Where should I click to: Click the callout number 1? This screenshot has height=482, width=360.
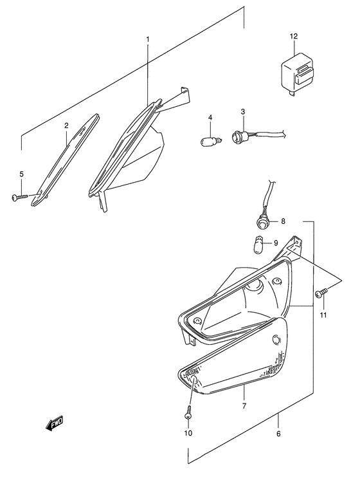click(x=147, y=40)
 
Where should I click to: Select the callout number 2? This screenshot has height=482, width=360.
click(x=66, y=126)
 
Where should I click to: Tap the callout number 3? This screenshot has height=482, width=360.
click(x=243, y=112)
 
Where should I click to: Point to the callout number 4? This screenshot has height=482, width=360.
click(x=210, y=116)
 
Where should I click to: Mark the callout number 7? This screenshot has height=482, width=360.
click(x=244, y=406)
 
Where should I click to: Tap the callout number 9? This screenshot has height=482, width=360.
click(x=276, y=243)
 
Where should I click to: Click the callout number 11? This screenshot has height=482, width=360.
click(x=324, y=315)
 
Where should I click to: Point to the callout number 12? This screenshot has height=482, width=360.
click(x=294, y=37)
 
